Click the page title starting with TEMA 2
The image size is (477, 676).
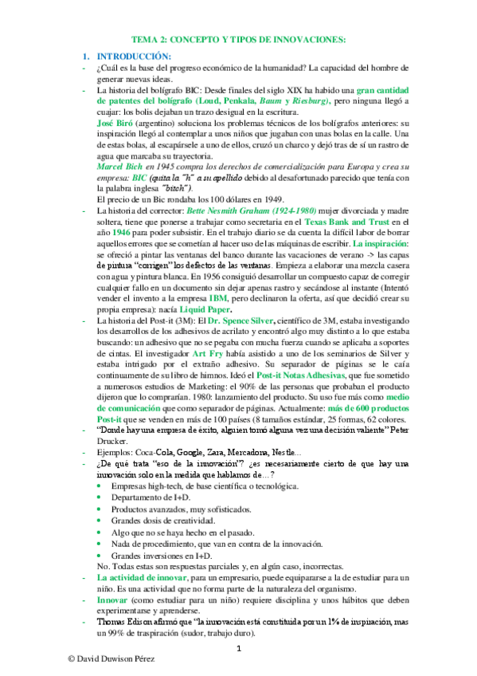[x=238, y=39]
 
